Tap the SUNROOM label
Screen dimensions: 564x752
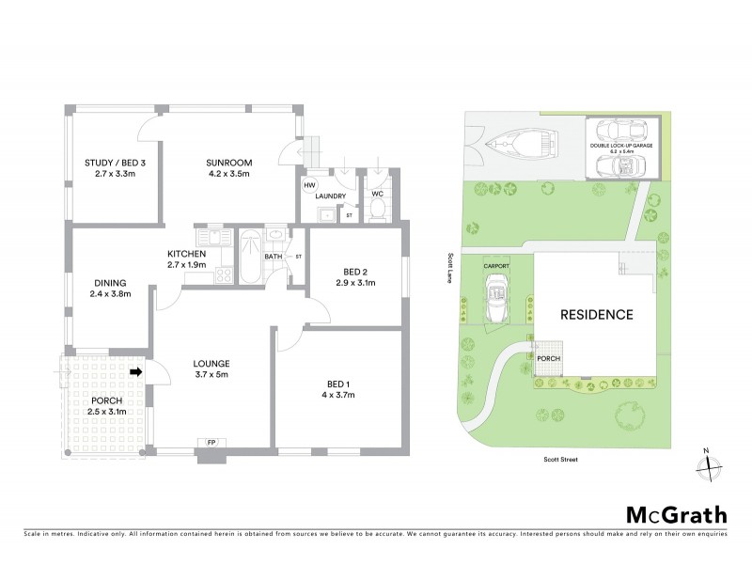tap(229, 162)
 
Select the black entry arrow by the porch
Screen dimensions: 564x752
tap(135, 372)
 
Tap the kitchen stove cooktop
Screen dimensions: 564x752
tap(224, 275)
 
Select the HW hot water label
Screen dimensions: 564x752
tap(308, 185)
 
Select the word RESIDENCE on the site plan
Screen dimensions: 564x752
tap(597, 314)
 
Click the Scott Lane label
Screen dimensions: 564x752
tap(452, 267)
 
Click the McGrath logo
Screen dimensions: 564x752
tap(677, 514)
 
